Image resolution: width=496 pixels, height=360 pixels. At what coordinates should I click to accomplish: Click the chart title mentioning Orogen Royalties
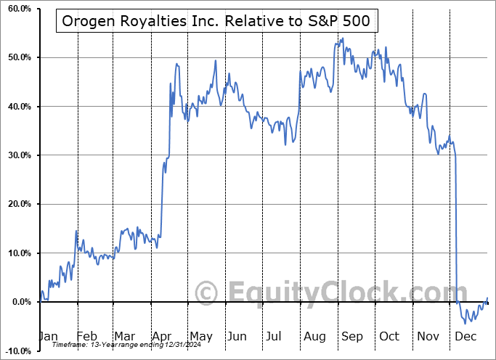click(x=216, y=22)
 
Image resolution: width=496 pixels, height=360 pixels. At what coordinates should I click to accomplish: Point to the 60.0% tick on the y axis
click(x=17, y=9)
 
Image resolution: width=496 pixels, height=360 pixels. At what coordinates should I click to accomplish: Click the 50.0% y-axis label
click(x=17, y=57)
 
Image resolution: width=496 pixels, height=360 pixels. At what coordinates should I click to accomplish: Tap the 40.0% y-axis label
click(x=17, y=107)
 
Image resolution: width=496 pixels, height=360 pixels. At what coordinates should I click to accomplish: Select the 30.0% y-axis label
click(x=17, y=155)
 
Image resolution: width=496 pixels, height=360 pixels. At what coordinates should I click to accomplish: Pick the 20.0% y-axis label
click(x=17, y=205)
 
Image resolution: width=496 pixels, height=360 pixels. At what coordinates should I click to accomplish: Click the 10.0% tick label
click(x=17, y=253)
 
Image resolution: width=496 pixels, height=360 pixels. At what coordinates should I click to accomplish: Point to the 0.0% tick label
click(x=20, y=302)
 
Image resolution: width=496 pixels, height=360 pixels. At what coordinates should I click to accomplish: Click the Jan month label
click(x=47, y=337)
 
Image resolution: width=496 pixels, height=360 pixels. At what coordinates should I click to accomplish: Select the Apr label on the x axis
click(x=161, y=337)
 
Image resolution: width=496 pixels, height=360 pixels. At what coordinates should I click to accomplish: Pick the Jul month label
click(x=275, y=337)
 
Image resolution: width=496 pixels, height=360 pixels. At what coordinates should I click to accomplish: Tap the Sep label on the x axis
click(x=352, y=337)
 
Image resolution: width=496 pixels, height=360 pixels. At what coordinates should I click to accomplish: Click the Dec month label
click(x=466, y=337)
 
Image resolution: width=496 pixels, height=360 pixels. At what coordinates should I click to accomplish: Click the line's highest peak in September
click(x=342, y=39)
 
